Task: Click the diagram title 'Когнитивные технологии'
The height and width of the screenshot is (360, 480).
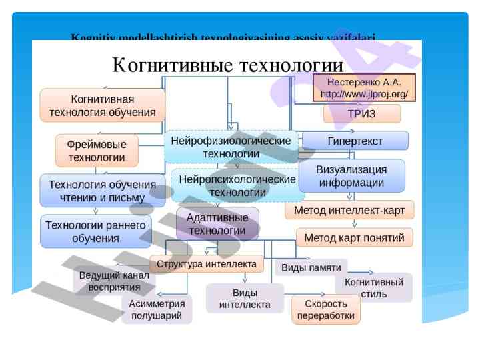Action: pyautogui.click(x=227, y=65)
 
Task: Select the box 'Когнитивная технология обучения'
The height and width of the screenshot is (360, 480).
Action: pyautogui.click(x=103, y=105)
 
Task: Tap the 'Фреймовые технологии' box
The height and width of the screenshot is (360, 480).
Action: pyautogui.click(x=97, y=151)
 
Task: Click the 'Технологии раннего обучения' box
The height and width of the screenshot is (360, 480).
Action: pyautogui.click(x=95, y=231)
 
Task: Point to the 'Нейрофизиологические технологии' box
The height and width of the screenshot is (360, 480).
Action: pyautogui.click(x=231, y=147)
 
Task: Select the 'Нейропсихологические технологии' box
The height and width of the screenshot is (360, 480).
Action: pyautogui.click(x=237, y=186)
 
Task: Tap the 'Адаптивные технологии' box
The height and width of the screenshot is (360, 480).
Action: pyautogui.click(x=217, y=224)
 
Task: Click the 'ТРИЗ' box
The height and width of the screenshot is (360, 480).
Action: pyautogui.click(x=362, y=114)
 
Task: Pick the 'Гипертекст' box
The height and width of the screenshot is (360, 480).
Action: pyautogui.click(x=355, y=141)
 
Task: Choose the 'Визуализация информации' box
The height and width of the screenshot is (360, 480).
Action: pyautogui.click(x=351, y=176)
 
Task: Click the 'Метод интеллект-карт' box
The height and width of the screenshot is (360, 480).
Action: pyautogui.click(x=349, y=210)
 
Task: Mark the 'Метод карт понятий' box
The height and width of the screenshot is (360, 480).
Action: pyautogui.click(x=354, y=237)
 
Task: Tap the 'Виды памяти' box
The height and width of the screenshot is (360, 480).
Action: pyautogui.click(x=311, y=267)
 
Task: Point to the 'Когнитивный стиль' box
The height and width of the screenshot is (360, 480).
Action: pyautogui.click(x=373, y=288)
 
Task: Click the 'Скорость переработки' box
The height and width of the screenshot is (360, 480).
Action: pyautogui.click(x=325, y=309)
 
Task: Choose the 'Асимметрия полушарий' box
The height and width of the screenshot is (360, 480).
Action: pyautogui.click(x=157, y=309)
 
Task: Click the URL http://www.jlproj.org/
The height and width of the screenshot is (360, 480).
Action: pyautogui.click(x=364, y=95)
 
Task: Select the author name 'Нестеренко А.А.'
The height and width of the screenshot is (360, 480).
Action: pyautogui.click(x=364, y=82)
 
